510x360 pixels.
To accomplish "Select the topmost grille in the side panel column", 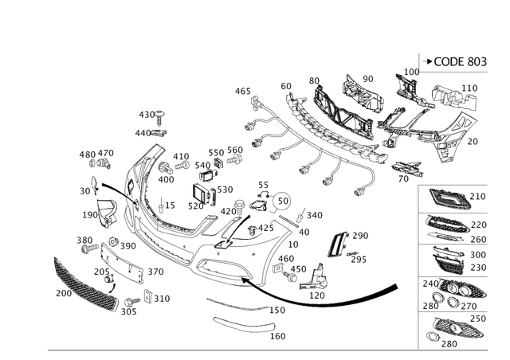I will point(446,196).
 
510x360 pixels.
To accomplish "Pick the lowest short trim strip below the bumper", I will point(239,325).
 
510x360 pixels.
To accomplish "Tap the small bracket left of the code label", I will point(409,78).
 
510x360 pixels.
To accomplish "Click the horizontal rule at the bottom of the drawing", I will point(231,349).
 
